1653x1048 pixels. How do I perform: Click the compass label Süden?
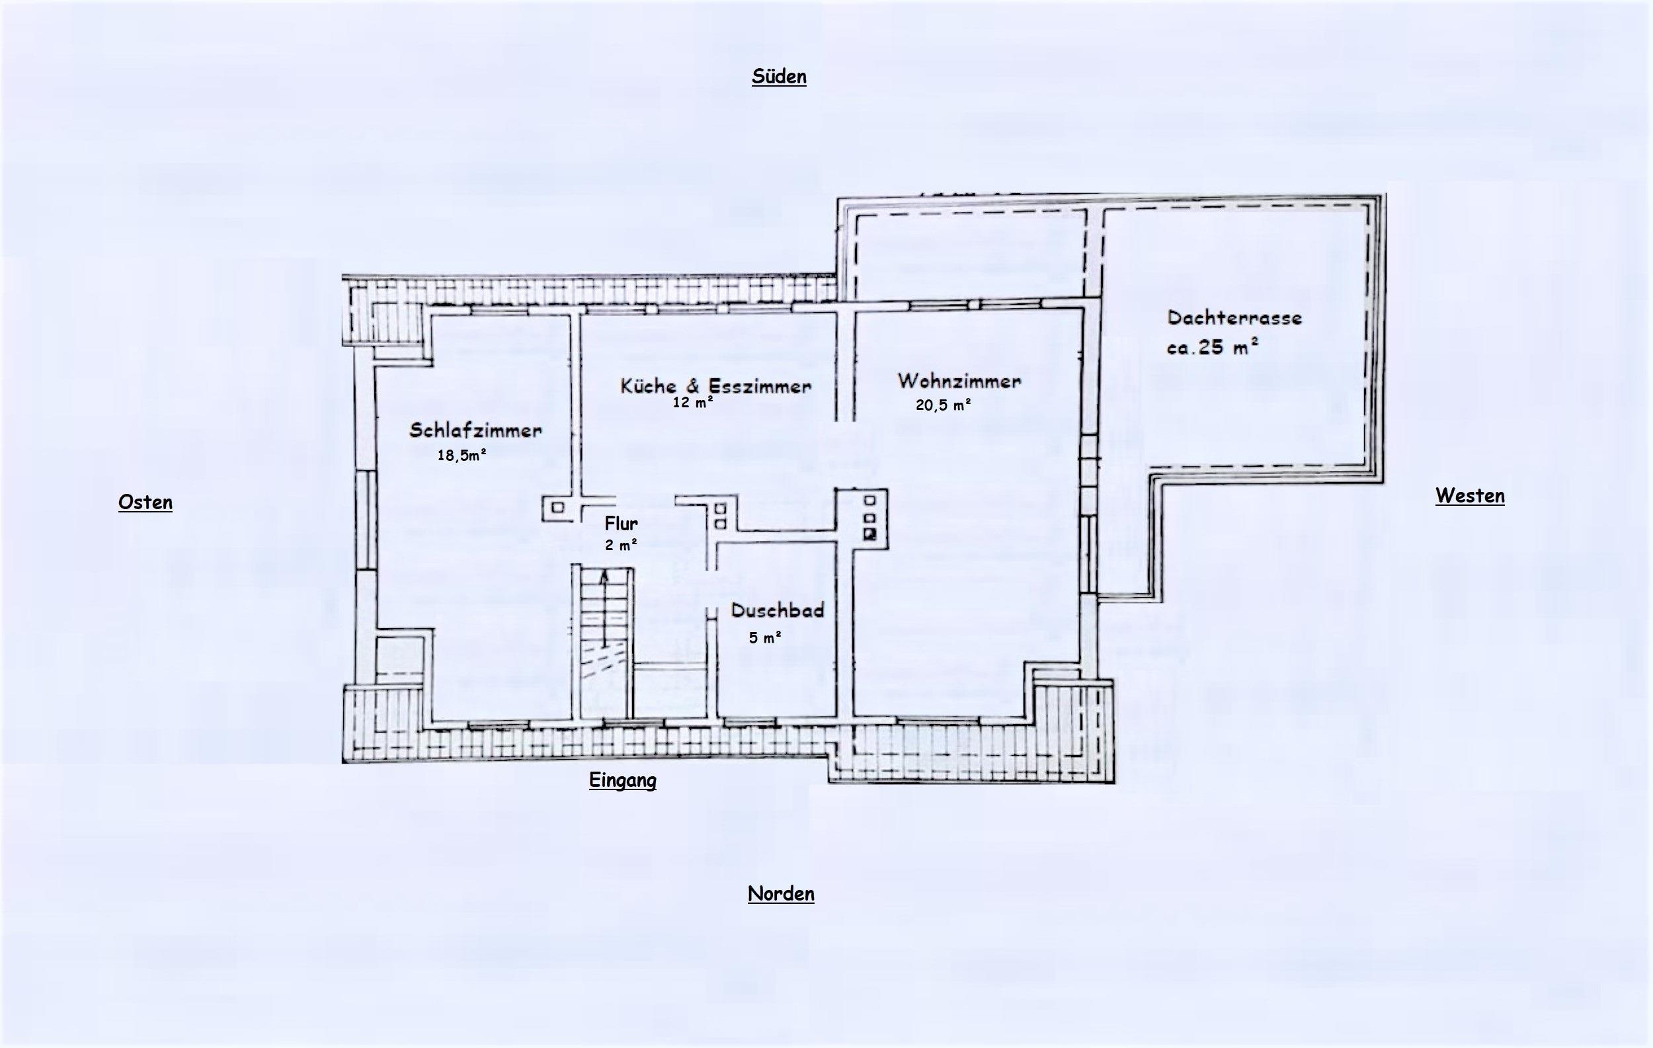click(x=779, y=76)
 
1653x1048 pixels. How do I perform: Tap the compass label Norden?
click(x=781, y=893)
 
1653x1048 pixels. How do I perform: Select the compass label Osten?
click(x=145, y=503)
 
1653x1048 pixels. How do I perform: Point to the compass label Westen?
click(x=1471, y=495)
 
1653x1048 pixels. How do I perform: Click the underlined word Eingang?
click(x=623, y=780)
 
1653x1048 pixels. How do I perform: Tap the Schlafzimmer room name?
click(x=475, y=430)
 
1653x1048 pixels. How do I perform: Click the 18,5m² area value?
click(x=462, y=454)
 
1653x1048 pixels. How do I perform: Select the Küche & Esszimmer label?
click(x=716, y=385)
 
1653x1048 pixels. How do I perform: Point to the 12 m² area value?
click(x=693, y=403)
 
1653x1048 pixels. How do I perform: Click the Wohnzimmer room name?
click(x=959, y=381)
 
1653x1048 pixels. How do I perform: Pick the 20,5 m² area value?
click(x=943, y=405)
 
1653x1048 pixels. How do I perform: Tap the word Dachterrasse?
click(x=1235, y=318)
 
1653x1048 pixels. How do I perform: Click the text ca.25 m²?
click(x=1213, y=347)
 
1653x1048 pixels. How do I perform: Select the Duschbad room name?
click(x=778, y=610)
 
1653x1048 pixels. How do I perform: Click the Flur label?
click(x=622, y=524)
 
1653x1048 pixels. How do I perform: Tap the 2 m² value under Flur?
click(x=622, y=545)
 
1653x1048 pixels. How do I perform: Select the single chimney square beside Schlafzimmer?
click(x=558, y=508)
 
